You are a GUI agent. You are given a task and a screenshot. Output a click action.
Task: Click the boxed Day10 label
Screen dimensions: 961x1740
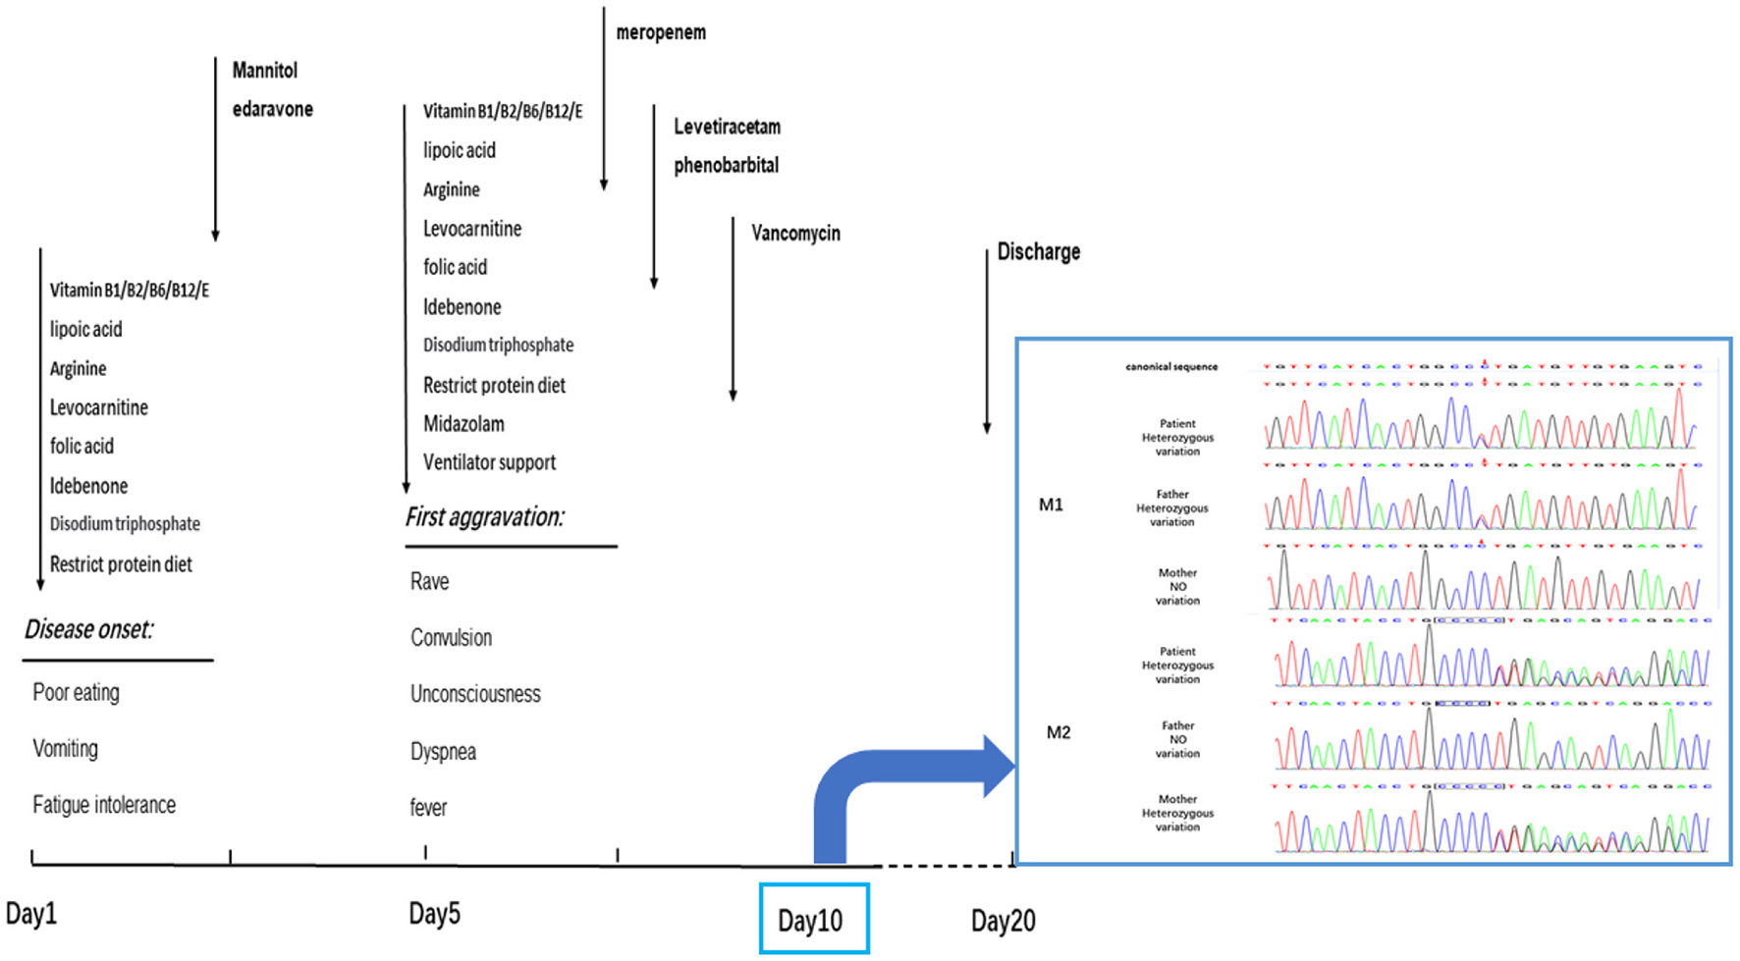tap(811, 920)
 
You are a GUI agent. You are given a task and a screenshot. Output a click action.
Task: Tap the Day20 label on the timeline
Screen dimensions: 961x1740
tap(1003, 921)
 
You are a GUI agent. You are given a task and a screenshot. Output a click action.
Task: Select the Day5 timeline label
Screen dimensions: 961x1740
tap(434, 914)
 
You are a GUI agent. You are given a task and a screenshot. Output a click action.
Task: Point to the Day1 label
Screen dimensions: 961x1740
tap(31, 914)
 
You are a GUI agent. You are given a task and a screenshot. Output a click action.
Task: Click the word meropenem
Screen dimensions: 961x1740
tap(660, 32)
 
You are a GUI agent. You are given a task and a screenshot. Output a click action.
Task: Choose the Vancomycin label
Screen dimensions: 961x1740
tap(795, 234)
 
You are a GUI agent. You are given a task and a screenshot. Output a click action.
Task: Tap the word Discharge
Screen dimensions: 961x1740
tap(1038, 251)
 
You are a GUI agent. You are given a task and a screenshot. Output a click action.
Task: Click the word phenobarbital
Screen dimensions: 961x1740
tap(726, 165)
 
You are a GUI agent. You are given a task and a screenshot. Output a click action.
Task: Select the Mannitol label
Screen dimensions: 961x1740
tap(264, 70)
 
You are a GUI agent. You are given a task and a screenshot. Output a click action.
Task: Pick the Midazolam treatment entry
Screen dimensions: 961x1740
tap(463, 424)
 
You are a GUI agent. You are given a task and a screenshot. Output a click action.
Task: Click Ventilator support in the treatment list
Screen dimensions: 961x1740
tap(489, 462)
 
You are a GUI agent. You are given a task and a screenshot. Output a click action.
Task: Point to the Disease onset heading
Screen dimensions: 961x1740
tap(89, 629)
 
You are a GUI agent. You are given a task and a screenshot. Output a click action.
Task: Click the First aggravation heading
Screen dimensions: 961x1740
tap(484, 516)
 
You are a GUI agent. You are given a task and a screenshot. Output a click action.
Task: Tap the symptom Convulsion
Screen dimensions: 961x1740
tap(451, 638)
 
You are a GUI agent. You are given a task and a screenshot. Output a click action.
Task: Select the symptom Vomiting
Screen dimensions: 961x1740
tap(65, 749)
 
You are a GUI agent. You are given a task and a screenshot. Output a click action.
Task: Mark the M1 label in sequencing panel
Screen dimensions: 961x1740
tap(1051, 505)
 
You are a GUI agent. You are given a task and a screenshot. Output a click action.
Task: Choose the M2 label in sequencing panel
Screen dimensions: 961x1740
tap(1058, 732)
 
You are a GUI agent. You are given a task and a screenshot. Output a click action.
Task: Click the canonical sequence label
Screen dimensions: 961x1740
tap(1170, 366)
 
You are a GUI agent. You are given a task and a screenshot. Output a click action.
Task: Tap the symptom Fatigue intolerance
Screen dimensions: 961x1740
tap(104, 805)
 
